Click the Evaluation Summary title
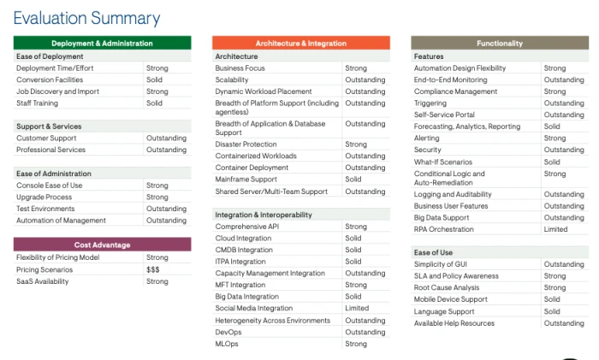[x=86, y=17]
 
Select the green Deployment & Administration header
[x=102, y=43]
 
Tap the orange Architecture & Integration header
[x=300, y=43]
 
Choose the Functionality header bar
[x=500, y=43]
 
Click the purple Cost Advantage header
[x=102, y=245]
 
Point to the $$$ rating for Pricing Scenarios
[x=154, y=269]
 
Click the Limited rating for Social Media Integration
[x=357, y=309]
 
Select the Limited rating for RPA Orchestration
[x=555, y=229]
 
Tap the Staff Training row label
[x=38, y=103]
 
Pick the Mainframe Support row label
[x=246, y=180]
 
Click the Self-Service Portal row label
[x=444, y=115]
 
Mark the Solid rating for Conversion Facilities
[x=154, y=80]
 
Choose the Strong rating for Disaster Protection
[x=356, y=145]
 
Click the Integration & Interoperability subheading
[x=264, y=215]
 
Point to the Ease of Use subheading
[x=433, y=253]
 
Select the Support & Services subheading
[x=49, y=127]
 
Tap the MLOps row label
[x=227, y=344]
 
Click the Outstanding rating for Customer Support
[x=166, y=138]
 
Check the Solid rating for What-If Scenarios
[x=552, y=162]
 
